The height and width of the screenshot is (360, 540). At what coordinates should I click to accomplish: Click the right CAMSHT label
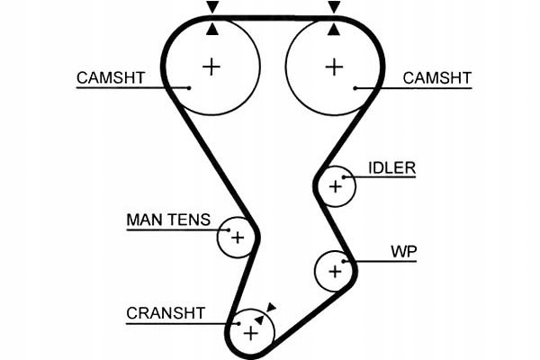pos(436,77)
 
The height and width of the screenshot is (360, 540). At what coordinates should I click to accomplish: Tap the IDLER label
pos(391,167)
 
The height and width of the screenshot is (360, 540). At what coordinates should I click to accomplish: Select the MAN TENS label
pos(168,220)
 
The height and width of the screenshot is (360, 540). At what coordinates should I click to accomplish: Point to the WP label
pos(403,249)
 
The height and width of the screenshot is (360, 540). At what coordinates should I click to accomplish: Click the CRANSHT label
pos(166,313)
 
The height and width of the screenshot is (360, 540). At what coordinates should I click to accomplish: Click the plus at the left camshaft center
pos(211,66)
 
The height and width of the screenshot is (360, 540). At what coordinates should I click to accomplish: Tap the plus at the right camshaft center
pos(335,66)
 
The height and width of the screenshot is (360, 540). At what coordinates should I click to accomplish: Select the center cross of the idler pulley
pos(336,186)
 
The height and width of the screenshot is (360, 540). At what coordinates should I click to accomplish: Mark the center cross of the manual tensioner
pos(238,238)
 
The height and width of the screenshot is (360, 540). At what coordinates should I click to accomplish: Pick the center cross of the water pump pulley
pos(336,270)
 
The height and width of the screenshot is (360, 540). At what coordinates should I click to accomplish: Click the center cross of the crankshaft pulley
pos(251,334)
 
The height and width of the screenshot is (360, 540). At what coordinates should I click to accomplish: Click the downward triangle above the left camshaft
pos(212,7)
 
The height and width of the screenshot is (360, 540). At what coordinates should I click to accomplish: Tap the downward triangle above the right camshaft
pos(335,7)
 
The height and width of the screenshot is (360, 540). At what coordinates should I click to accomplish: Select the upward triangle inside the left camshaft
pos(212,29)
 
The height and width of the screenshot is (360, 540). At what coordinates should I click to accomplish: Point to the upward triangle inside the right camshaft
pos(335,29)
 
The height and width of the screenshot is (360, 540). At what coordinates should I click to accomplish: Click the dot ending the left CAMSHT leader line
pos(190,87)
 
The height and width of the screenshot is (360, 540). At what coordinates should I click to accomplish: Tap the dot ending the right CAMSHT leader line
pos(357,87)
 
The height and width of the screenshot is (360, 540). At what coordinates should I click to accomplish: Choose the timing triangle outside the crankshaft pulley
pos(271,308)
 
